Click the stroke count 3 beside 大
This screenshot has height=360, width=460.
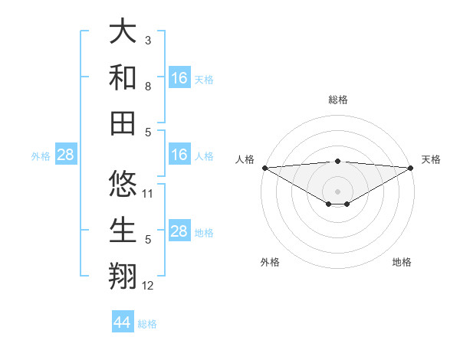pos(148,39)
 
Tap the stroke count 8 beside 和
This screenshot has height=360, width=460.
pos(148,87)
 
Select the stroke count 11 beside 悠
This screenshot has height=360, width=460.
pos(149,193)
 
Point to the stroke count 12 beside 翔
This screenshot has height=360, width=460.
pos(149,286)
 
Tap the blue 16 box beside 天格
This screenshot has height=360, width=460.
pos(179,78)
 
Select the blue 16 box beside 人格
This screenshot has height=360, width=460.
pos(179,155)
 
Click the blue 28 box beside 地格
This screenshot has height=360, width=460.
pos(179,232)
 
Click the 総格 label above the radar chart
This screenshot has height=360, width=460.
pos(337,100)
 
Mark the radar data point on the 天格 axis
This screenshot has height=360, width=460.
pos(411,167)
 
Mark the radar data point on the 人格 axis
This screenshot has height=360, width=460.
pos(264,167)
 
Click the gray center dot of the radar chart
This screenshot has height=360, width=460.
pos(337,191)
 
